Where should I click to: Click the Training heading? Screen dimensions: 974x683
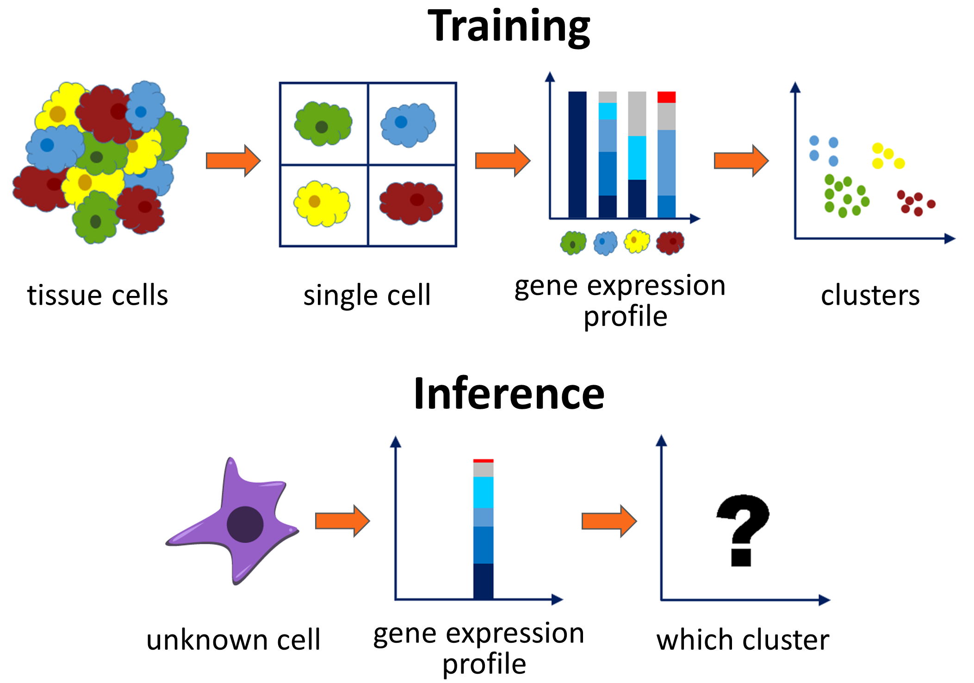(509, 27)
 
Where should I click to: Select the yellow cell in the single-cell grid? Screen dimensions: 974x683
(322, 203)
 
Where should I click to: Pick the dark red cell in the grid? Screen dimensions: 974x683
(411, 203)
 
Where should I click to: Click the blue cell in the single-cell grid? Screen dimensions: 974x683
(408, 124)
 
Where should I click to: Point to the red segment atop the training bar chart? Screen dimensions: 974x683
(666, 97)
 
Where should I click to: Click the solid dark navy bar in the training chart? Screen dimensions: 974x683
(577, 154)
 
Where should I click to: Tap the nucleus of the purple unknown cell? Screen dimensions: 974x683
(245, 524)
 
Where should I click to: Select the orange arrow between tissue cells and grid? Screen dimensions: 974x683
(233, 160)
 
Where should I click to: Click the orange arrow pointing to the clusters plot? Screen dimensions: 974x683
(741, 160)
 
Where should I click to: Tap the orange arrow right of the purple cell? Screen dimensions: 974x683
(342, 521)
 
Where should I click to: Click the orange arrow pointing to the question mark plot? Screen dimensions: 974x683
(609, 521)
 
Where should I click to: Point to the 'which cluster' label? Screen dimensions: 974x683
(743, 640)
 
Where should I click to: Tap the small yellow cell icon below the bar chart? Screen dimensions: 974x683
(637, 241)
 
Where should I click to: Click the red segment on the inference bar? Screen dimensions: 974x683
(483, 461)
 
